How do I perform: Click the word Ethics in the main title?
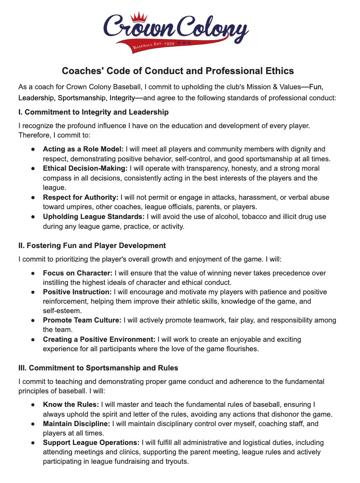pos(279,71)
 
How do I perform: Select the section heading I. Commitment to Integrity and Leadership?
pos(93,112)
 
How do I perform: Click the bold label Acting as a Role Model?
pos(83,149)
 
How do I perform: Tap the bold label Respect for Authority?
pos(81,197)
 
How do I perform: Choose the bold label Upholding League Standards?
pos(94,216)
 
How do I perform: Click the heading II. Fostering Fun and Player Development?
pos(92,246)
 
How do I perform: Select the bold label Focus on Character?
pos(78,273)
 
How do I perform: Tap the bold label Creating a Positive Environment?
pos(99,339)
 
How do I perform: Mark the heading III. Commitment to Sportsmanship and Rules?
pos(98,368)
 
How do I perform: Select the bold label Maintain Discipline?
pos(76,424)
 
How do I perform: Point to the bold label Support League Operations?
pos(92,442)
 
